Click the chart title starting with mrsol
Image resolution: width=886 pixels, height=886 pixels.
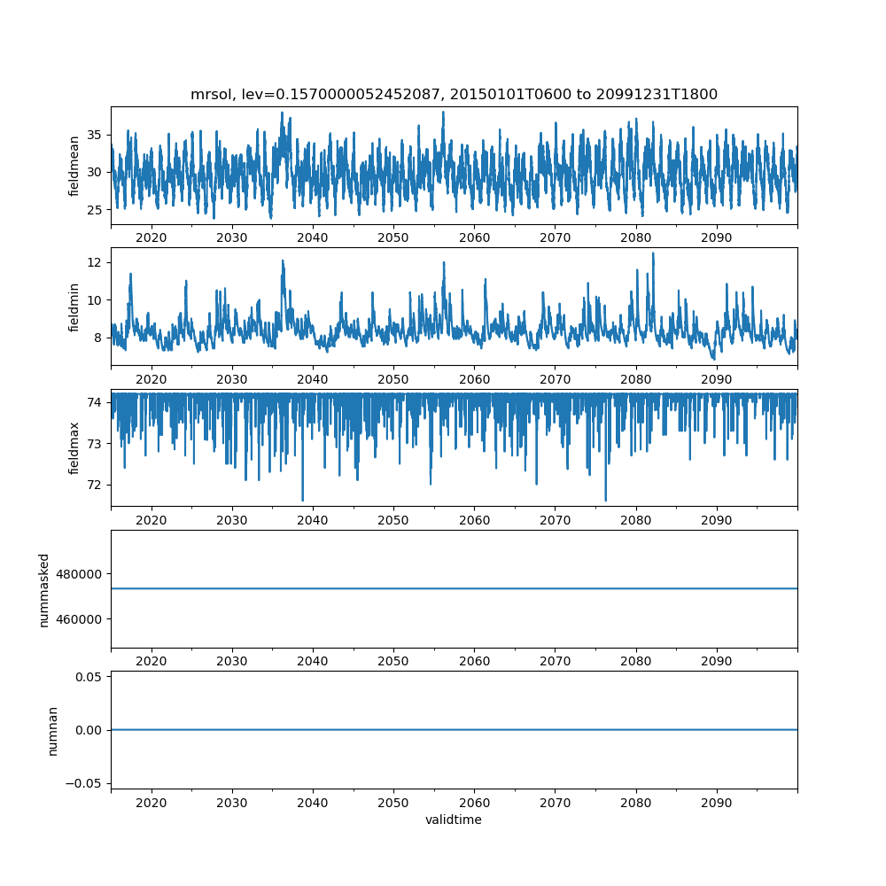(454, 94)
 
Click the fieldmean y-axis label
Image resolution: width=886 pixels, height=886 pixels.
(74, 166)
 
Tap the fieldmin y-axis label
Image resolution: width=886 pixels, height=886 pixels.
(74, 307)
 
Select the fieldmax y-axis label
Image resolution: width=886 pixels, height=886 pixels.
(74, 447)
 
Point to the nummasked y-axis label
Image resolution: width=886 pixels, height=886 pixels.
(44, 589)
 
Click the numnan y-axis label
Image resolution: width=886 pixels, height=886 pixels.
(52, 730)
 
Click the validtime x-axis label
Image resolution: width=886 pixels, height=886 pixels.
(454, 820)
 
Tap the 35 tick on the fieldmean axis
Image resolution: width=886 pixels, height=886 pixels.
(93, 136)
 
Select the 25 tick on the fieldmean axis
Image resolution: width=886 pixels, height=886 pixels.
(93, 210)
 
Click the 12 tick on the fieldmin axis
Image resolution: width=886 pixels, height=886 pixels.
(93, 262)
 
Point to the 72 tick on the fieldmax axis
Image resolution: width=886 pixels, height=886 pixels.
(93, 485)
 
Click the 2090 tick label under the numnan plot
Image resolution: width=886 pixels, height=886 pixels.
(716, 802)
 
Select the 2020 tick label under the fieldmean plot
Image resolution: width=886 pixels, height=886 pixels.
(152, 238)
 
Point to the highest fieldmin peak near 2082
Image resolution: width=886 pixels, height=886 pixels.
(653, 253)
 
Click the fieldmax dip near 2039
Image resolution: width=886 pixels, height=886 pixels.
(302, 501)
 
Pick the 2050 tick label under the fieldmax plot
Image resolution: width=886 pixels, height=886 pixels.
(393, 520)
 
